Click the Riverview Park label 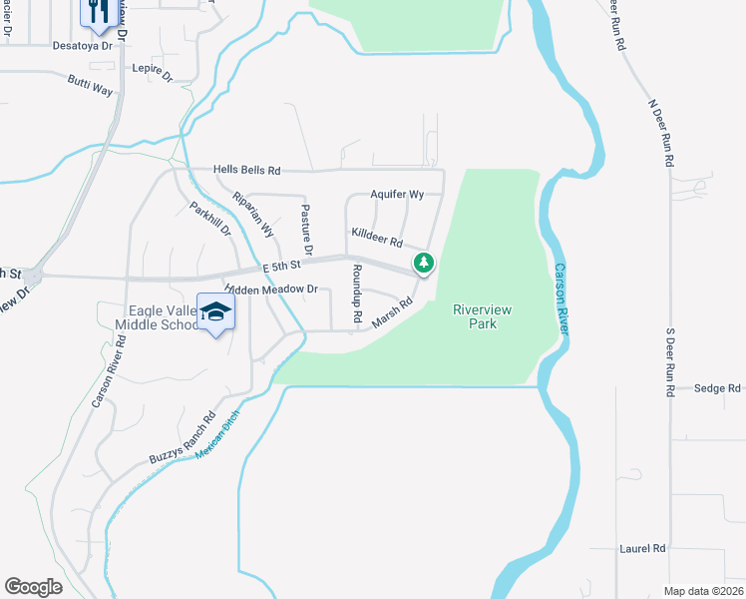coord(483,316)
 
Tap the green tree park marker coord(425,264)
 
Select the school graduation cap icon coord(215,311)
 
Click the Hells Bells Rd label coord(247,171)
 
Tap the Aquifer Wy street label coord(398,194)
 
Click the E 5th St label coord(282,267)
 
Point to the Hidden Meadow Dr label coord(270,290)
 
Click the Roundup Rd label coord(356,293)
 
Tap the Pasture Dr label coord(305,229)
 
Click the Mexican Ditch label coord(218,437)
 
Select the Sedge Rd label coord(717,387)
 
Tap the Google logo coord(33,587)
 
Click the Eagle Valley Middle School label coord(158,317)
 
